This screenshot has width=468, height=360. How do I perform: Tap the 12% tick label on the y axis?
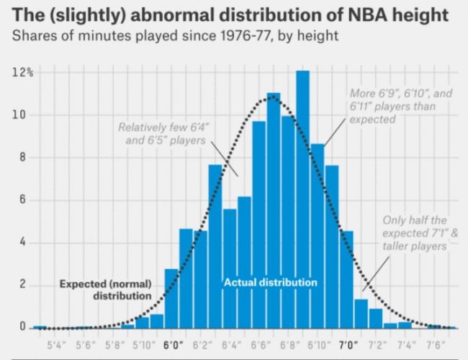[19, 73]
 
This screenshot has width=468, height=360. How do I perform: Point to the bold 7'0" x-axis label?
[347, 344]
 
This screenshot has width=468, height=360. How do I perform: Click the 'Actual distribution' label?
[270, 282]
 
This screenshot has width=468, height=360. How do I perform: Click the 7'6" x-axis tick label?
[436, 344]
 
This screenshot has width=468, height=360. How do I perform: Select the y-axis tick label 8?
[23, 158]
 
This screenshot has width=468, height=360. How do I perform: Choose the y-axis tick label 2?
[23, 285]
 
